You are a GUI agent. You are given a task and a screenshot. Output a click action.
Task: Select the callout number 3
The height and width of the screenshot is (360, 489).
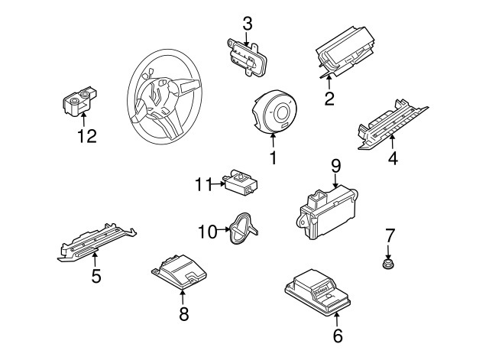[247, 24]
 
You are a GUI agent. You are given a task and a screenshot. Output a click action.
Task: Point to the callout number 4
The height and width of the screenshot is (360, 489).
[393, 159]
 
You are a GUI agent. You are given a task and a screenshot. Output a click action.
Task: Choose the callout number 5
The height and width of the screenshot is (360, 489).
[96, 276]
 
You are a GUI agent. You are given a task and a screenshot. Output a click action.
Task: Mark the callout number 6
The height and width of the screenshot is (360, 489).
[338, 335]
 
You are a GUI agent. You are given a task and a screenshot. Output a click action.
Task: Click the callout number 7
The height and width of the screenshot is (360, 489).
[389, 234]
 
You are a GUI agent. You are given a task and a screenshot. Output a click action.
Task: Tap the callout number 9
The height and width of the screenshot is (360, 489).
[335, 166]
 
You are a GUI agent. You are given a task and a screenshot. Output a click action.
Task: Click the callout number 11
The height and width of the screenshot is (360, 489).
[202, 184]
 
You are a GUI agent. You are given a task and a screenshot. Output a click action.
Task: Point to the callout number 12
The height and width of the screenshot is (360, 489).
[87, 138]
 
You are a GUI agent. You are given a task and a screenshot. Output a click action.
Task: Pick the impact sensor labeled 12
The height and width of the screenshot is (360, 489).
[79, 102]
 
